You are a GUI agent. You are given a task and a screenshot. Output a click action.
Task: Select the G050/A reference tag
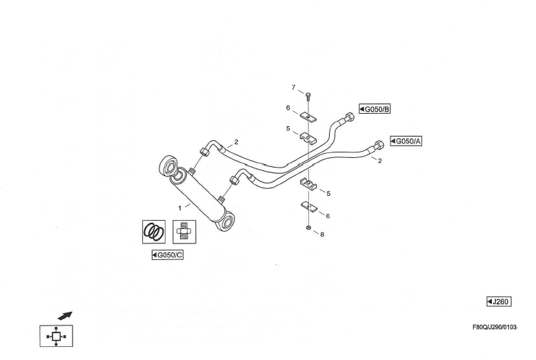[406, 141]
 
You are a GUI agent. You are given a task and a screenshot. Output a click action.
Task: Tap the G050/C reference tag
[168, 255]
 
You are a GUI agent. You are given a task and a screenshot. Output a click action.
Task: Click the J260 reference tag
[498, 301]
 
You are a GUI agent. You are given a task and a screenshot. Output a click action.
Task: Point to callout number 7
[293, 88]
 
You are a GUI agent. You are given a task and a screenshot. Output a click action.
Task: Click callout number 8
[321, 234]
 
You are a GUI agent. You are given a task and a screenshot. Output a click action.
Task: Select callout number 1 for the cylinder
[180, 206]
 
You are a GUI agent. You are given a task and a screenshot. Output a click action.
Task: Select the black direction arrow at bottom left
[64, 315]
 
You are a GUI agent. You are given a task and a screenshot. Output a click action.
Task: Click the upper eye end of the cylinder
[168, 166]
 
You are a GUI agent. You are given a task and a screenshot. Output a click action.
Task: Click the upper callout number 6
[288, 108]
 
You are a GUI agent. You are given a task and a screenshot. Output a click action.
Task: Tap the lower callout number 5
[328, 193]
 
